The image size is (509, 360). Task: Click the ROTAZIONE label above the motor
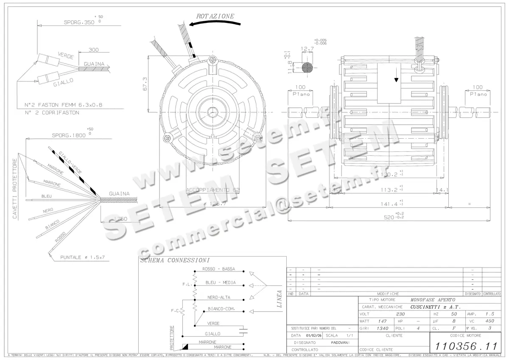click(x=215, y=16)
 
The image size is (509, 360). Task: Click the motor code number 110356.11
click(x=466, y=346)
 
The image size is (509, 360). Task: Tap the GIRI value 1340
click(x=383, y=328)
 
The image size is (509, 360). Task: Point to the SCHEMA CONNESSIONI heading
click(x=175, y=261)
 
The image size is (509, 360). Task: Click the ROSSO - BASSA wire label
click(x=218, y=269)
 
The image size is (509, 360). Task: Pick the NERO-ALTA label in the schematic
click(x=219, y=298)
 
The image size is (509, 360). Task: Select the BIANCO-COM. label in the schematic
click(x=221, y=309)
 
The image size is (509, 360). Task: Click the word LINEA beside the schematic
click(x=279, y=299)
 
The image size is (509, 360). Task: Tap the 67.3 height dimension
click(x=145, y=84)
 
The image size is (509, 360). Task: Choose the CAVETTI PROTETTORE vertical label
click(x=15, y=189)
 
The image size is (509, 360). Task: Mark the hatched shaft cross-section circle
click(x=308, y=67)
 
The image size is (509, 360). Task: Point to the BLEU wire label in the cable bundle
click(x=47, y=196)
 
